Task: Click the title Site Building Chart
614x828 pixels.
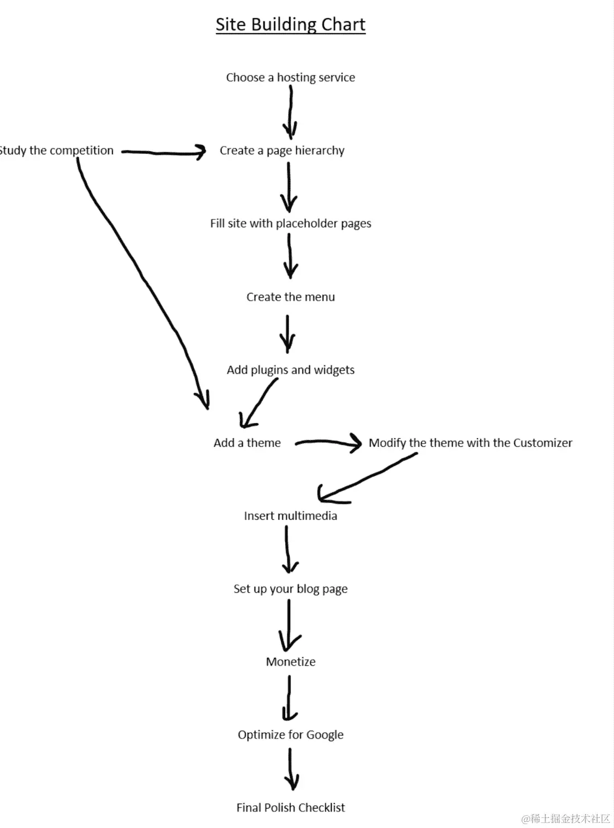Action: click(290, 25)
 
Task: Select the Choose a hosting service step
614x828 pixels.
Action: click(290, 78)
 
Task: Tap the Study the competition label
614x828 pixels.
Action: click(56, 151)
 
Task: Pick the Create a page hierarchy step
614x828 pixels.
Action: click(282, 151)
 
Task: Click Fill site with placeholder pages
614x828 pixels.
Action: click(290, 224)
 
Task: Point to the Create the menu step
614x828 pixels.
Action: click(290, 297)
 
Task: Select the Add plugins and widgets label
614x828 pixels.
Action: click(290, 370)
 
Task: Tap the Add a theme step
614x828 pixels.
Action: click(247, 443)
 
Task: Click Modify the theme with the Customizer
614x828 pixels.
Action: click(470, 443)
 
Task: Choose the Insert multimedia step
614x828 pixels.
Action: click(290, 516)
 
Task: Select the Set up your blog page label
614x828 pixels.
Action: click(290, 589)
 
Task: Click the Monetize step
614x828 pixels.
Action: click(290, 662)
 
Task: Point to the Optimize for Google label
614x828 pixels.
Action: click(290, 735)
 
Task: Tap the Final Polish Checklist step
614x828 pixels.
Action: click(290, 808)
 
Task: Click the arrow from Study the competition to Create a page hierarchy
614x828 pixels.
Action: click(163, 152)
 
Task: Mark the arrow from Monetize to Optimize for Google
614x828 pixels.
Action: click(289, 697)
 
